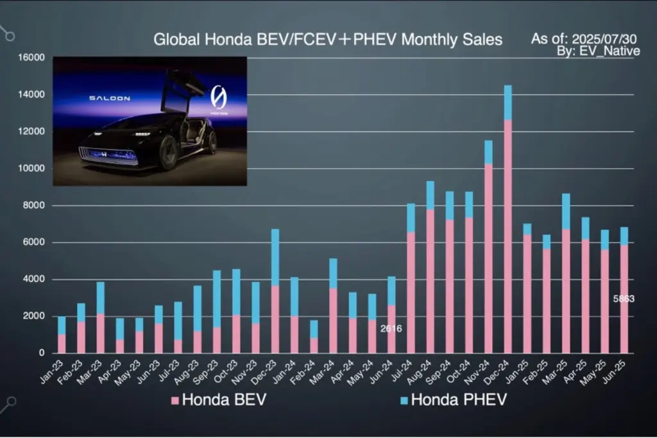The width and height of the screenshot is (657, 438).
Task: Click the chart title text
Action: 327,40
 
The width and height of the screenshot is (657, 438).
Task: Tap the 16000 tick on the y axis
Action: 30,58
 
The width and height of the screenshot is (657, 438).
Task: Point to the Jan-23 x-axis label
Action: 55,368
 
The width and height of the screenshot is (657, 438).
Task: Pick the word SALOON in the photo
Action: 110,98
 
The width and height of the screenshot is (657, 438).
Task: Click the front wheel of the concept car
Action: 169,153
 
